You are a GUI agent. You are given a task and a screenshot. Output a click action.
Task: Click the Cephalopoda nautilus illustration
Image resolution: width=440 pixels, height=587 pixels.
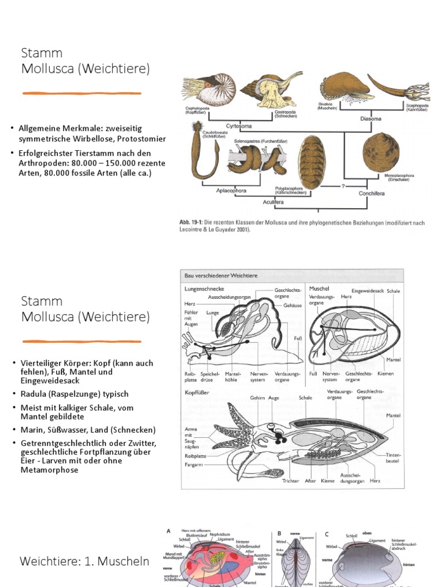coord(204,88)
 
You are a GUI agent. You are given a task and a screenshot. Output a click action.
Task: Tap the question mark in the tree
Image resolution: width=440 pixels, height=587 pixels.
coord(342,186)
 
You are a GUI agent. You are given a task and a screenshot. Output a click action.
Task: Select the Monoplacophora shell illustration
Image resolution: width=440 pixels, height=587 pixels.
coord(380,152)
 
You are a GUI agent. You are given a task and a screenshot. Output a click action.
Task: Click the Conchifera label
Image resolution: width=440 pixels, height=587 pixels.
coord(372,193)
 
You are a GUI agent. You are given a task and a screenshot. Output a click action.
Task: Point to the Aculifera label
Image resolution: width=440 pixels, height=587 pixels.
coord(274,202)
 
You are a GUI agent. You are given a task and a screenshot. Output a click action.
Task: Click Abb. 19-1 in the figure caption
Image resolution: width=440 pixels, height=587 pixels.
coord(192,222)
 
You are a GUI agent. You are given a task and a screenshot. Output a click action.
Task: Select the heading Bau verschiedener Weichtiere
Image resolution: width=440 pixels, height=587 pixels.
coord(221,276)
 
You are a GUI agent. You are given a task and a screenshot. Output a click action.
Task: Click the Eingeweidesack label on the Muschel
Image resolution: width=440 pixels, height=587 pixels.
coord(367,291)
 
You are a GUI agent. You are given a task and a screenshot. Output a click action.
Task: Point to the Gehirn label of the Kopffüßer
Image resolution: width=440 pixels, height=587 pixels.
coord(257,398)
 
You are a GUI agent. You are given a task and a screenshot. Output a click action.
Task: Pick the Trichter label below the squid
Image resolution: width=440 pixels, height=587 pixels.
coord(290,481)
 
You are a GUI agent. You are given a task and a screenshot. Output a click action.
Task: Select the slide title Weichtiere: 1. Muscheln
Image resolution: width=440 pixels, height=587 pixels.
coord(84,561)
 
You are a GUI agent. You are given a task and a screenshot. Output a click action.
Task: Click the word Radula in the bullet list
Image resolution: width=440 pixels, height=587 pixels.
coord(32,394)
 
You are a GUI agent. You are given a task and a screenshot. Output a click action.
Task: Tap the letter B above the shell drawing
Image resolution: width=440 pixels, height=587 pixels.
coord(280,533)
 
